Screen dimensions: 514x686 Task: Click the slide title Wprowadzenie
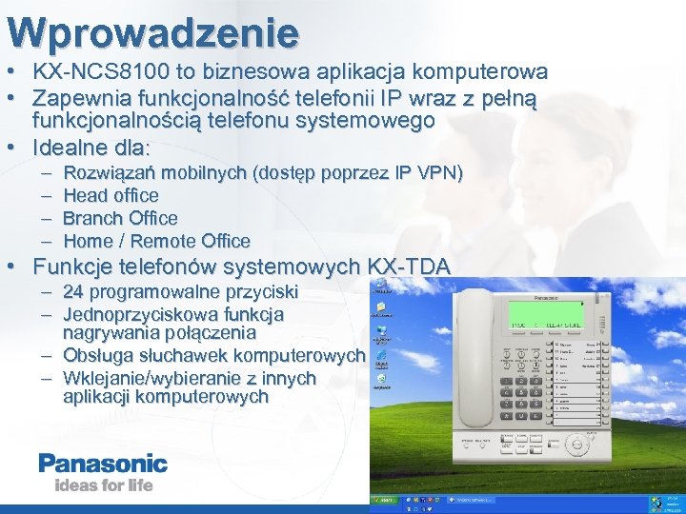point(152,33)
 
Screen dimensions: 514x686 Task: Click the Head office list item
point(111,195)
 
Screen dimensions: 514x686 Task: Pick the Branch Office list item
point(120,218)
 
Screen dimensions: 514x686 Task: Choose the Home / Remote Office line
point(156,241)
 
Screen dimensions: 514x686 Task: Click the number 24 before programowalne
point(73,291)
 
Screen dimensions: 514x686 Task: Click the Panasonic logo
point(103,465)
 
